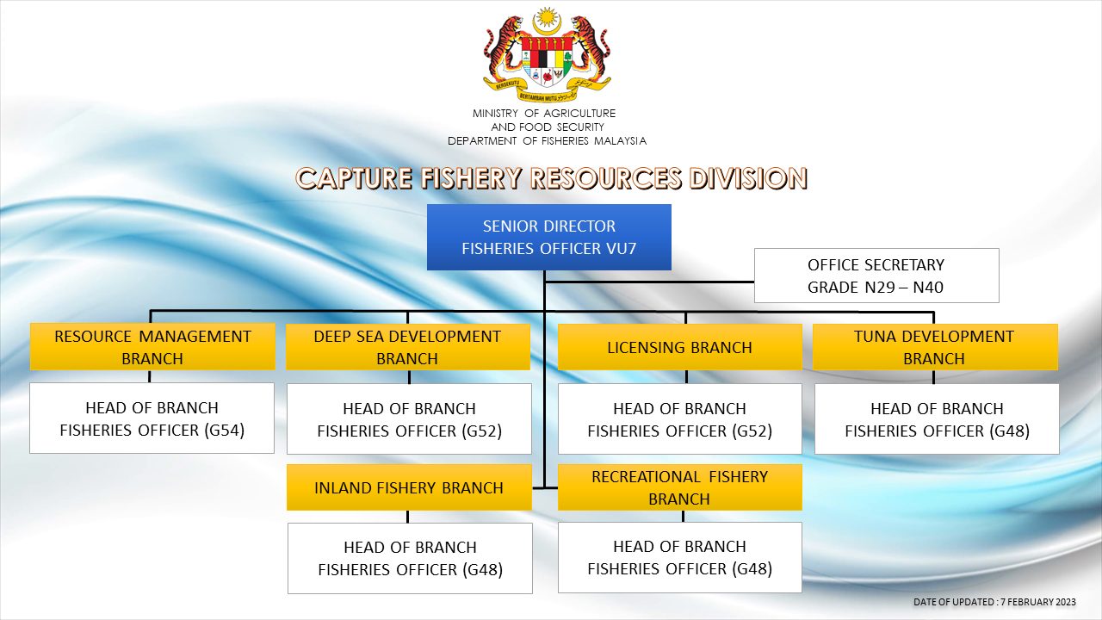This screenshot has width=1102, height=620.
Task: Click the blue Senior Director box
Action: coord(548,237)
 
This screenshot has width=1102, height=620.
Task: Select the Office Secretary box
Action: coord(876,276)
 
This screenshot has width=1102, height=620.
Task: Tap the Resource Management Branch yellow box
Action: coord(152,347)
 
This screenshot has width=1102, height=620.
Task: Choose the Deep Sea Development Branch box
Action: coord(407,347)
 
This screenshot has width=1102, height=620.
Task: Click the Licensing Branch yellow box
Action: coord(679,347)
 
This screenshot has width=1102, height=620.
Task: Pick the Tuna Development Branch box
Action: coord(934,347)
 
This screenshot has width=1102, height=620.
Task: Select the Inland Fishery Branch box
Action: coord(408,487)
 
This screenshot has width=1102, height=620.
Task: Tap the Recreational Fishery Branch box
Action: coord(679,487)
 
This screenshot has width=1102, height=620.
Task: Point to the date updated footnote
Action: coord(994,601)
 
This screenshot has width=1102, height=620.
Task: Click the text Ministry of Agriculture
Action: coord(544,114)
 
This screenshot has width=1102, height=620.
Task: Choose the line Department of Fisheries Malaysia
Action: coord(547,141)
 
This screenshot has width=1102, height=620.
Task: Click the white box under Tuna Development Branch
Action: coord(937,418)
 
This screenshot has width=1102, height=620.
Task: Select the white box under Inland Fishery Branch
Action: coord(410,558)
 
